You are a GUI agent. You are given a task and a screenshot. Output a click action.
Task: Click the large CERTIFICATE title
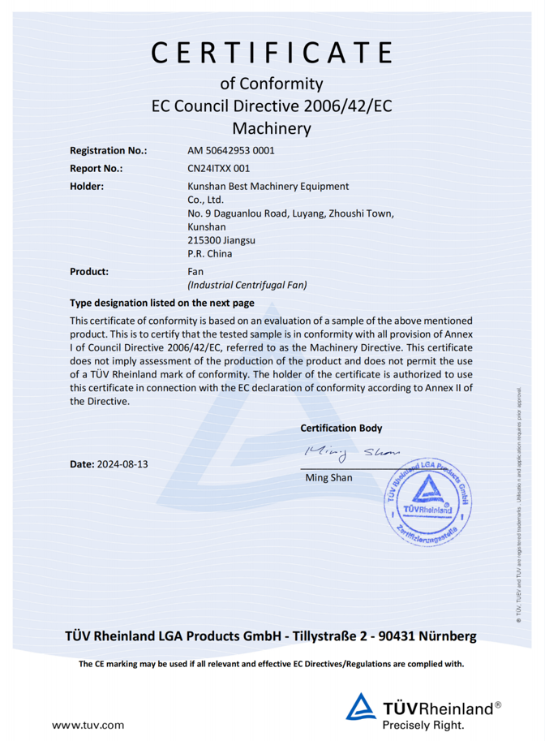tap(272, 51)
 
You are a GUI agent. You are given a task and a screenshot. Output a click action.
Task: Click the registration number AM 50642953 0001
tap(231, 151)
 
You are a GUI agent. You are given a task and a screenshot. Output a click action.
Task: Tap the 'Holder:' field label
tap(87, 187)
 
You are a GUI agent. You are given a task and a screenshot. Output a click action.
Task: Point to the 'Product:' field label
tap(89, 272)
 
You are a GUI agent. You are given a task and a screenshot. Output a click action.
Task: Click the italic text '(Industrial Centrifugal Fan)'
tap(247, 286)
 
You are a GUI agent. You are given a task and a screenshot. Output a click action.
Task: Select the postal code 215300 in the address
tap(204, 241)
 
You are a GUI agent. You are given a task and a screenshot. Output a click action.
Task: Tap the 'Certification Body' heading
tap(341, 428)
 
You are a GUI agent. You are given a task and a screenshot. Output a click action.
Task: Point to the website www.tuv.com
tap(88, 724)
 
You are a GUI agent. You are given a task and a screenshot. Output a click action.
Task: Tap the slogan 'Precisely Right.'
tap(424, 724)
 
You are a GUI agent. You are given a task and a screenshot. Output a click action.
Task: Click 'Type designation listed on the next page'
tap(162, 304)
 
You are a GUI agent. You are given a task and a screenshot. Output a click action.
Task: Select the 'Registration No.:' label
tap(109, 151)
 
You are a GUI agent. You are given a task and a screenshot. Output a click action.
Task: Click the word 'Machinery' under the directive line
tap(272, 128)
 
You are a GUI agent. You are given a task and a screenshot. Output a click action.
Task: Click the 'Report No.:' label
tap(97, 169)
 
